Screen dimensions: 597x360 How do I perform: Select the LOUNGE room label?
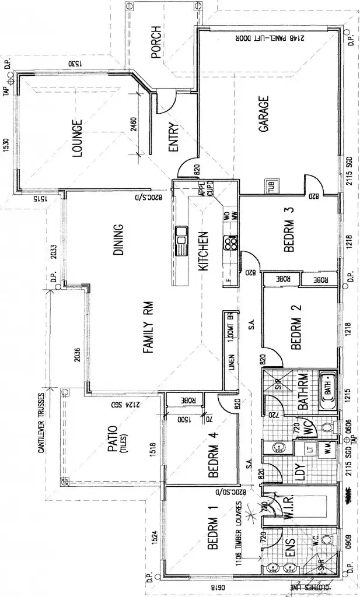click(76, 139)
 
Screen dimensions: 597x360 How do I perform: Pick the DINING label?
click(118, 239)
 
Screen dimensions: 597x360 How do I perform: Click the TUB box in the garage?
click(271, 187)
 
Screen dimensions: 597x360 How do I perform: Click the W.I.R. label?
click(290, 509)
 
